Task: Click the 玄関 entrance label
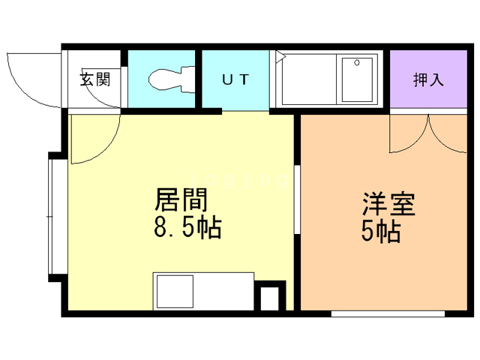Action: click(x=95, y=78)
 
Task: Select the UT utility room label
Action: click(x=234, y=78)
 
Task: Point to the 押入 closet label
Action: click(x=428, y=79)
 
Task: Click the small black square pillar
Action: click(x=268, y=298)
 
